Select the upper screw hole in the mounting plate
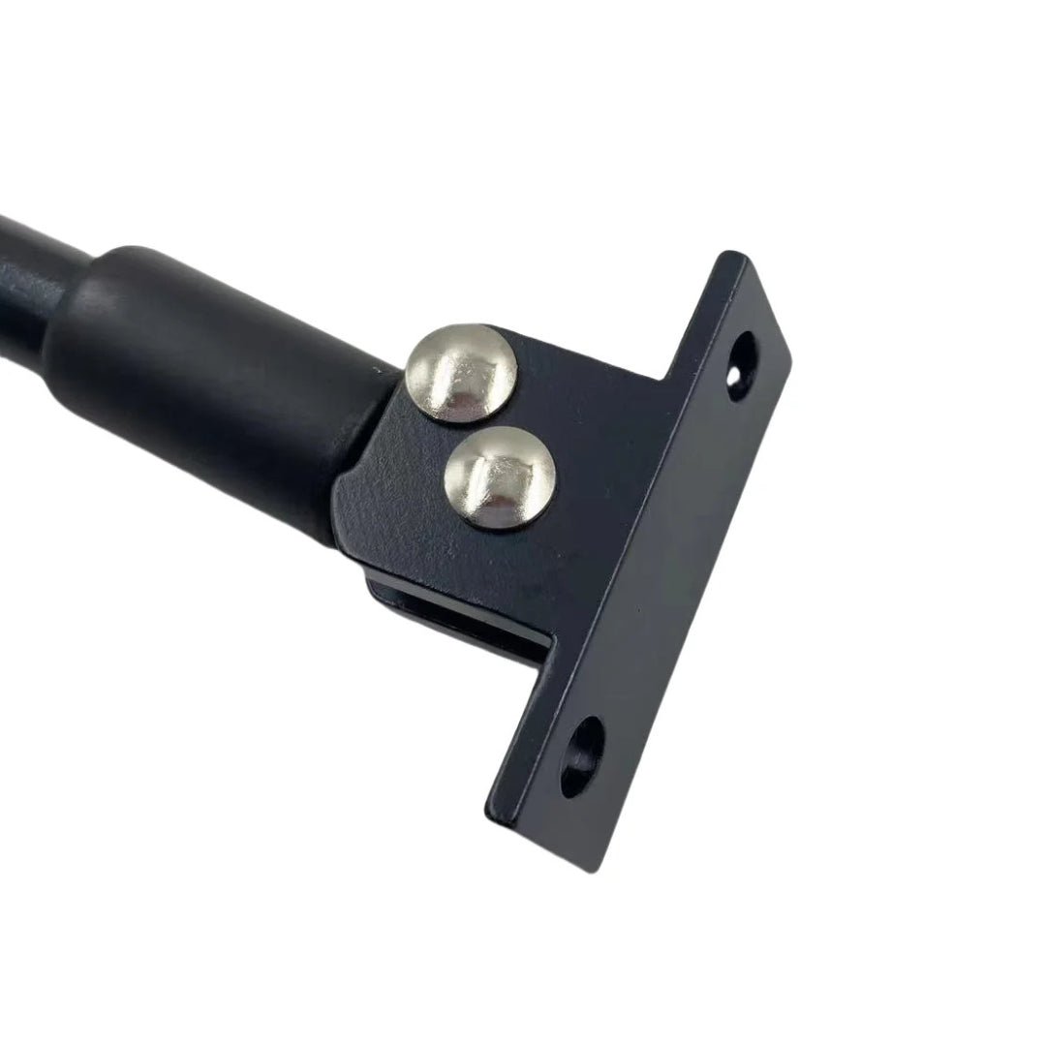pos(743,367)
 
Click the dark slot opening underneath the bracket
pos(455,620)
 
